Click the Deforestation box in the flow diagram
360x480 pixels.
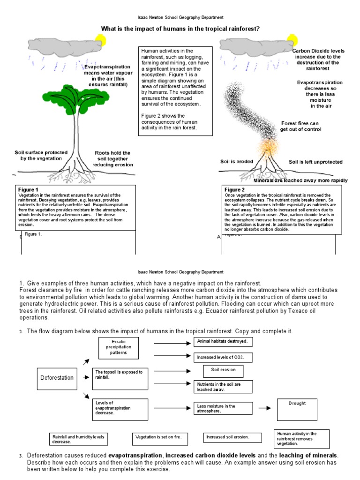pyautogui.click(x=57, y=377)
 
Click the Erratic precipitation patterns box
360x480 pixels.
pyautogui.click(x=120, y=347)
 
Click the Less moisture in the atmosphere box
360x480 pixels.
pyautogui.click(x=224, y=409)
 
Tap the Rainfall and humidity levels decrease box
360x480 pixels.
pyautogui.click(x=78, y=439)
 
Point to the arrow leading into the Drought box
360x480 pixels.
pyautogui.click(x=265, y=408)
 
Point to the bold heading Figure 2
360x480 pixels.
pyautogui.click(x=236, y=190)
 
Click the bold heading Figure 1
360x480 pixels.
pyautogui.click(x=29, y=190)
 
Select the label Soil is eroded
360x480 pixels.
pyautogui.click(x=237, y=162)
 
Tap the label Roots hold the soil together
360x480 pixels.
pyautogui.click(x=112, y=158)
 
